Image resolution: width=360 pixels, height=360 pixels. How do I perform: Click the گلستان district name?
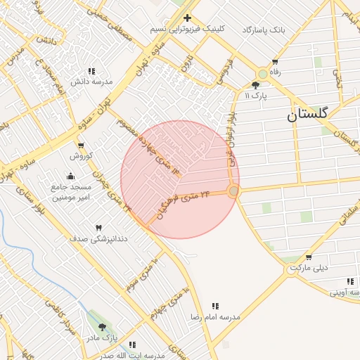tap(308, 115)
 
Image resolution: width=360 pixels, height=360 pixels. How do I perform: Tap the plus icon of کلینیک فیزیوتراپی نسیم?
tap(187, 18)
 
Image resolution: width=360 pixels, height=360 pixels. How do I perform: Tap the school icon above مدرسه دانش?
tap(91, 71)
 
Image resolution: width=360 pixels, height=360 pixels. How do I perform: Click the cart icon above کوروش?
tap(82, 146)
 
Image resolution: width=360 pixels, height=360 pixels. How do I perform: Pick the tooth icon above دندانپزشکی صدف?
tap(98, 228)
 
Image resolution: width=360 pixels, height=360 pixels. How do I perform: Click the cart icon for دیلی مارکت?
tap(294, 268)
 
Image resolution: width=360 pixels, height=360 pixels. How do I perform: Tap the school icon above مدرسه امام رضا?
tap(215, 306)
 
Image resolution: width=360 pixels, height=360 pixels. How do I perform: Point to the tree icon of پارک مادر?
tap(103, 327)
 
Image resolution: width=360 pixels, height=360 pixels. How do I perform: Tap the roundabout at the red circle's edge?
tap(233, 191)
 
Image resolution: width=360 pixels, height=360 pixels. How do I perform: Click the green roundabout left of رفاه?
tap(263, 73)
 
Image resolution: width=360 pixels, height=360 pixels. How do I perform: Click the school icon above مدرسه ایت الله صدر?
tap(131, 345)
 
